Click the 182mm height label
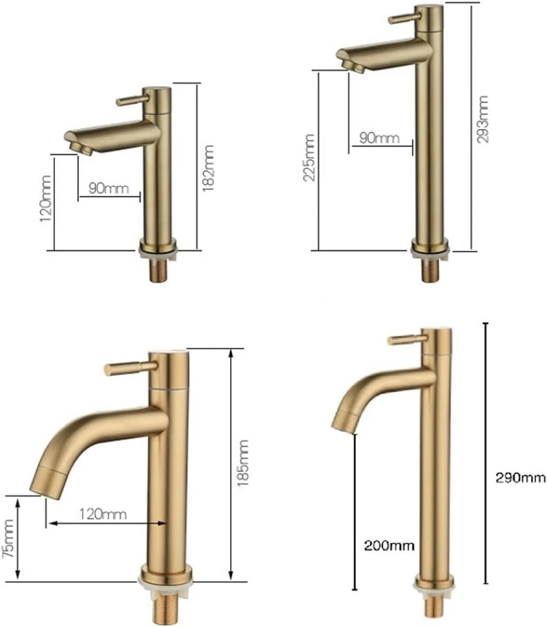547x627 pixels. (x=209, y=168)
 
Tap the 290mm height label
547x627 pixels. (x=517, y=477)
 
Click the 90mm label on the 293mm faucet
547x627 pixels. (x=375, y=137)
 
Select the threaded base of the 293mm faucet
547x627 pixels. (x=431, y=270)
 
